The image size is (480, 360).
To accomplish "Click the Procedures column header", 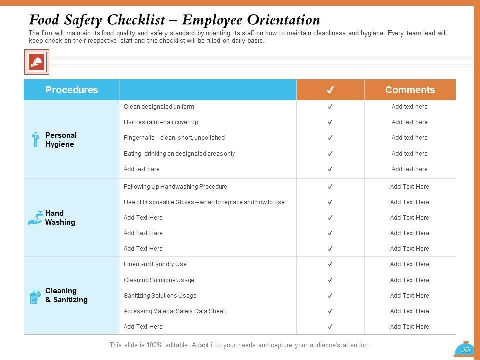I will (x=71, y=90).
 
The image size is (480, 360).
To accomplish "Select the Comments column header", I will (x=410, y=90).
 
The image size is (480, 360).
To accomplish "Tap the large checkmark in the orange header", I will (x=330, y=90).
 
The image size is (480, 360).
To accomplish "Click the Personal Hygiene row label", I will (x=61, y=140).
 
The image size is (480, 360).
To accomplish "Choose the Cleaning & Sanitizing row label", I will (x=66, y=295).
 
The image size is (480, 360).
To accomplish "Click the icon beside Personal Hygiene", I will (x=35, y=140).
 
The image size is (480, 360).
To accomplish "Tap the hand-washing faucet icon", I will (x=35, y=218).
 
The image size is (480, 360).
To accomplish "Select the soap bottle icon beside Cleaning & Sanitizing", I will (x=35, y=296).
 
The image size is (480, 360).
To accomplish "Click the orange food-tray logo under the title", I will (x=37, y=62).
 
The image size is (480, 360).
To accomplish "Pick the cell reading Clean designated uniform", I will (x=159, y=107).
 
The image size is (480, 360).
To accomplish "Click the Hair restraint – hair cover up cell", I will (x=161, y=122).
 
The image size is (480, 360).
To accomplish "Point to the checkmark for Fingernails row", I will (x=330, y=138).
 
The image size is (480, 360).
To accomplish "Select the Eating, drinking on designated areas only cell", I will (x=179, y=154).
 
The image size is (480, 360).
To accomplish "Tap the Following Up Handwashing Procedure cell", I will (x=175, y=187).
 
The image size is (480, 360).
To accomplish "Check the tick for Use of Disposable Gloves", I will (x=330, y=202).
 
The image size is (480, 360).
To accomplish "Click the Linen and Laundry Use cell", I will (x=155, y=264).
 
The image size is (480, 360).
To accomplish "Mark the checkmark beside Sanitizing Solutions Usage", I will (x=330, y=296).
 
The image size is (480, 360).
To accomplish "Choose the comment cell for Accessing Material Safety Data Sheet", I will (x=409, y=311).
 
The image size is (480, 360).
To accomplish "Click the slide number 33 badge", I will (x=466, y=350).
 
